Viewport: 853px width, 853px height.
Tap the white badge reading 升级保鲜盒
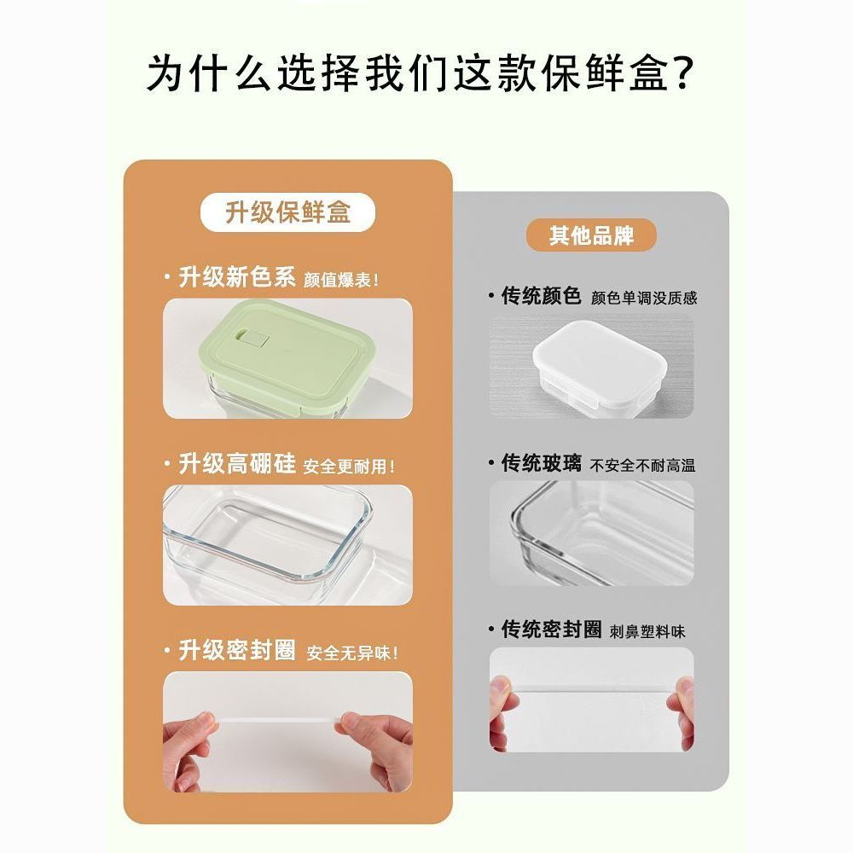coord(287,212)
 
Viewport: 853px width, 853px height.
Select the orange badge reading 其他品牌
coord(591,235)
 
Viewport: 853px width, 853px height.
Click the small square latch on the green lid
coord(255,339)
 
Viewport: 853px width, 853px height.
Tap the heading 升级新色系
coord(237,277)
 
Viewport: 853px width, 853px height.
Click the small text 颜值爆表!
coord(341,280)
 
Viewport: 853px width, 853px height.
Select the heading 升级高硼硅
coord(237,463)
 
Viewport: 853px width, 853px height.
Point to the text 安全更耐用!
coord(349,467)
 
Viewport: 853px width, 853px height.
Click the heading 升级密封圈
coord(237,650)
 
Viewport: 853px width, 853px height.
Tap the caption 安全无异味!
coord(352,653)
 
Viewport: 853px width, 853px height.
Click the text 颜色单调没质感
coord(644,298)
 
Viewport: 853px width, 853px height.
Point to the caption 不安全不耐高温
coord(643,466)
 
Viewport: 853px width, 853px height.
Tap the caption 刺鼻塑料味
coord(647,631)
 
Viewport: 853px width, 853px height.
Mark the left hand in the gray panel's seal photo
coord(502,712)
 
